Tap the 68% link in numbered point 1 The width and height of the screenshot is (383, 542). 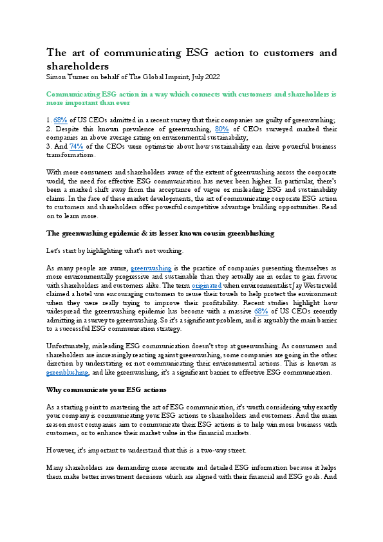59,119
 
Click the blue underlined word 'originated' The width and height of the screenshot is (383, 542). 207,284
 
